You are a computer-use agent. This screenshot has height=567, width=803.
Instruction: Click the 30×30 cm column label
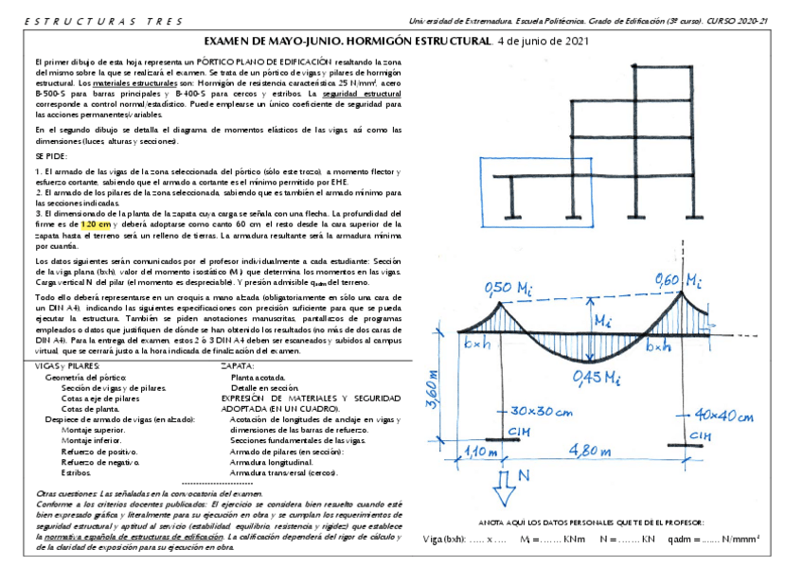542,412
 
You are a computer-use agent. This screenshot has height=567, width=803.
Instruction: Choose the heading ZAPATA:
237,364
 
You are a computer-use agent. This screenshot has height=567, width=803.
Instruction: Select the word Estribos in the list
75,470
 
